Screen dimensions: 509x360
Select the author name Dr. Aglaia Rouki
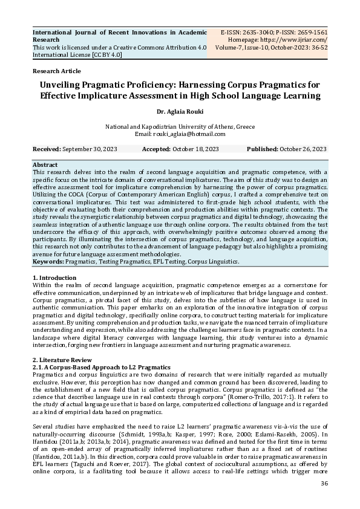pos(180,111)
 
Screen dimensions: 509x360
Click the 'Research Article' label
pos(56,71)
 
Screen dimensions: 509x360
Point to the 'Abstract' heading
pos(45,165)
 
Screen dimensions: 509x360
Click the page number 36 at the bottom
pos(324,500)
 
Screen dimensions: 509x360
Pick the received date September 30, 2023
pos(89,149)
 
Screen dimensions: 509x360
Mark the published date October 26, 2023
pos(303,149)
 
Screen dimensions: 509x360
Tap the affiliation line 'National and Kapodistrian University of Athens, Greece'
pos(180,126)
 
